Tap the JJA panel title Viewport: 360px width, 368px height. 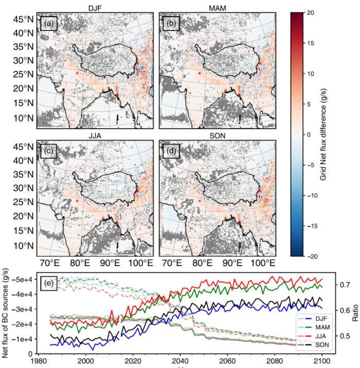(95, 134)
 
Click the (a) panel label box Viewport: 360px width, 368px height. (49, 24)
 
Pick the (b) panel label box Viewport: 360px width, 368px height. (170, 24)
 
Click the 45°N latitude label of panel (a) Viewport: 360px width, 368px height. (23, 20)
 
